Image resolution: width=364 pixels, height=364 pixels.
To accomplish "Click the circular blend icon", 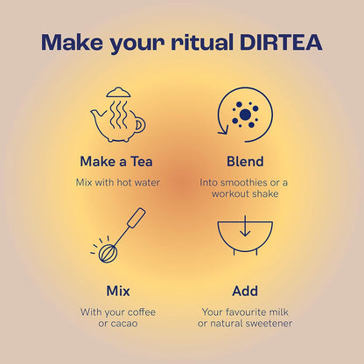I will (244, 115).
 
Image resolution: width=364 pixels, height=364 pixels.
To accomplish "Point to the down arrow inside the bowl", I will (244, 228).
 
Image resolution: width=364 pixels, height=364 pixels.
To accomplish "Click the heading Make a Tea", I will (117, 162).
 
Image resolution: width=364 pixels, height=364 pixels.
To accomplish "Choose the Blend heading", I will (244, 162).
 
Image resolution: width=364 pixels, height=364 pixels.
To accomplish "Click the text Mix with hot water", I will (117, 182).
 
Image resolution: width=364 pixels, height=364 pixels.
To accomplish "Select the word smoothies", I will (245, 182).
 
